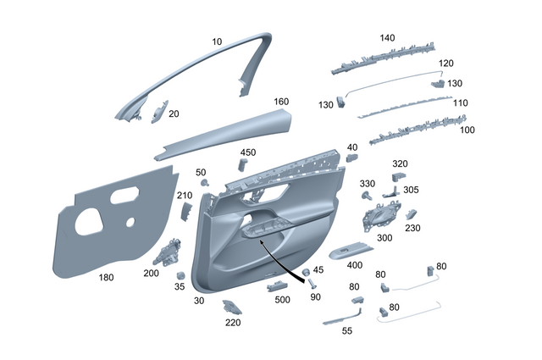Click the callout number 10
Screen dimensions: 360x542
(217, 41)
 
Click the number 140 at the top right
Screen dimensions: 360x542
(387, 38)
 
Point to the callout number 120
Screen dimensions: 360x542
(445, 64)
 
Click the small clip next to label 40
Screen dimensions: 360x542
(351, 157)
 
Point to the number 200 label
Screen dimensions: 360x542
(151, 273)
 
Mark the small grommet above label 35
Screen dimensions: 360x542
(180, 275)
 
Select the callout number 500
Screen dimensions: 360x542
(281, 300)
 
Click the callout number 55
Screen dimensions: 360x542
(346, 330)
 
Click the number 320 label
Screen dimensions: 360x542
(400, 163)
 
